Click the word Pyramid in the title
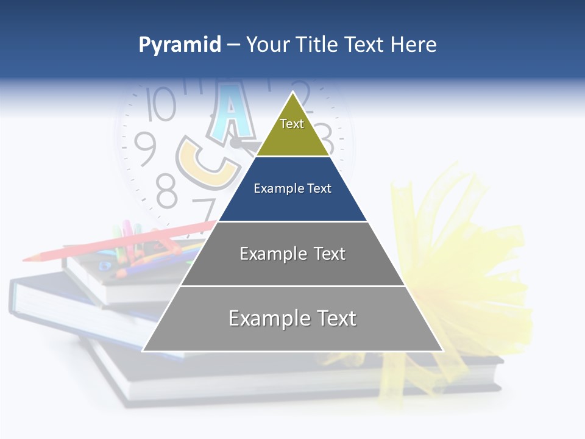(180, 45)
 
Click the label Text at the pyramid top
(292, 124)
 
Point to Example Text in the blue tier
(292, 188)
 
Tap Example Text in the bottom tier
(292, 318)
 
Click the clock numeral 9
(145, 148)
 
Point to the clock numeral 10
(161, 104)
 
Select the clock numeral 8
(166, 190)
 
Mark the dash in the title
(233, 45)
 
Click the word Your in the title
(269, 45)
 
